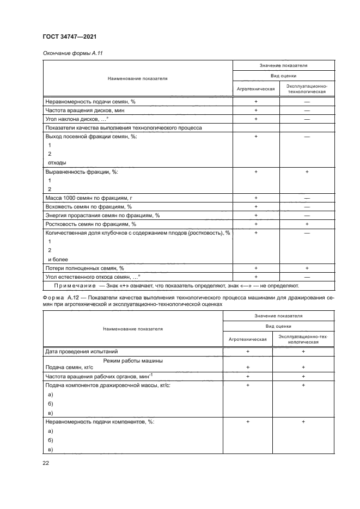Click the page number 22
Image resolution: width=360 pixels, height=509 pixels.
click(x=46, y=463)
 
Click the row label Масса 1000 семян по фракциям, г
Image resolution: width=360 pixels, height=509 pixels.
click(x=90, y=198)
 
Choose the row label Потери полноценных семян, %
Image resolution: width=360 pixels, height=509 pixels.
click(x=85, y=268)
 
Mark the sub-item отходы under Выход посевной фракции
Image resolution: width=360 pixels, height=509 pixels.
click(x=57, y=162)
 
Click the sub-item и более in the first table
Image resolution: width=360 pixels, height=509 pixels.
click(x=58, y=259)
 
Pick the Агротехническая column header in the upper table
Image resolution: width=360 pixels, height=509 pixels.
click(x=255, y=89)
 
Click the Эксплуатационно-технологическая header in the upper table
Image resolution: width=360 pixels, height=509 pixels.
click(x=307, y=89)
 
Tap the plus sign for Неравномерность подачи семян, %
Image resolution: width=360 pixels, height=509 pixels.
click(x=255, y=102)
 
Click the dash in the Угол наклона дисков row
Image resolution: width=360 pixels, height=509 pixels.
click(x=307, y=119)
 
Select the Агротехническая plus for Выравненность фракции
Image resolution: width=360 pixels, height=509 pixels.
click(x=255, y=171)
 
